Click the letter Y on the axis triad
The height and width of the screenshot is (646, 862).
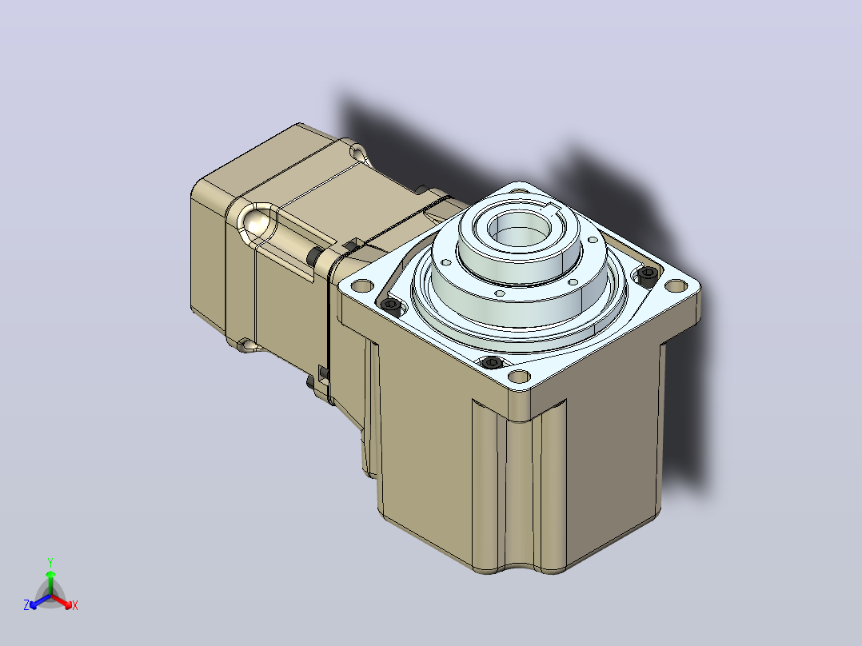(x=50, y=562)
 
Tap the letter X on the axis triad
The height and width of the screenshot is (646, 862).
(x=75, y=605)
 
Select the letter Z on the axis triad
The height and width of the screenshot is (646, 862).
(x=26, y=605)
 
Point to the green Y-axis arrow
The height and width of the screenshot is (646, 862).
(x=50, y=584)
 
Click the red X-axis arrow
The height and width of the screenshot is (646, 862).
(x=62, y=601)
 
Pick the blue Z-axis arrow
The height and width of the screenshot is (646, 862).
(x=40, y=601)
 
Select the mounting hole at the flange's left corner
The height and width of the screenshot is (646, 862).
(x=361, y=286)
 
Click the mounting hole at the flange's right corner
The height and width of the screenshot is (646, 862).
(x=676, y=286)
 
